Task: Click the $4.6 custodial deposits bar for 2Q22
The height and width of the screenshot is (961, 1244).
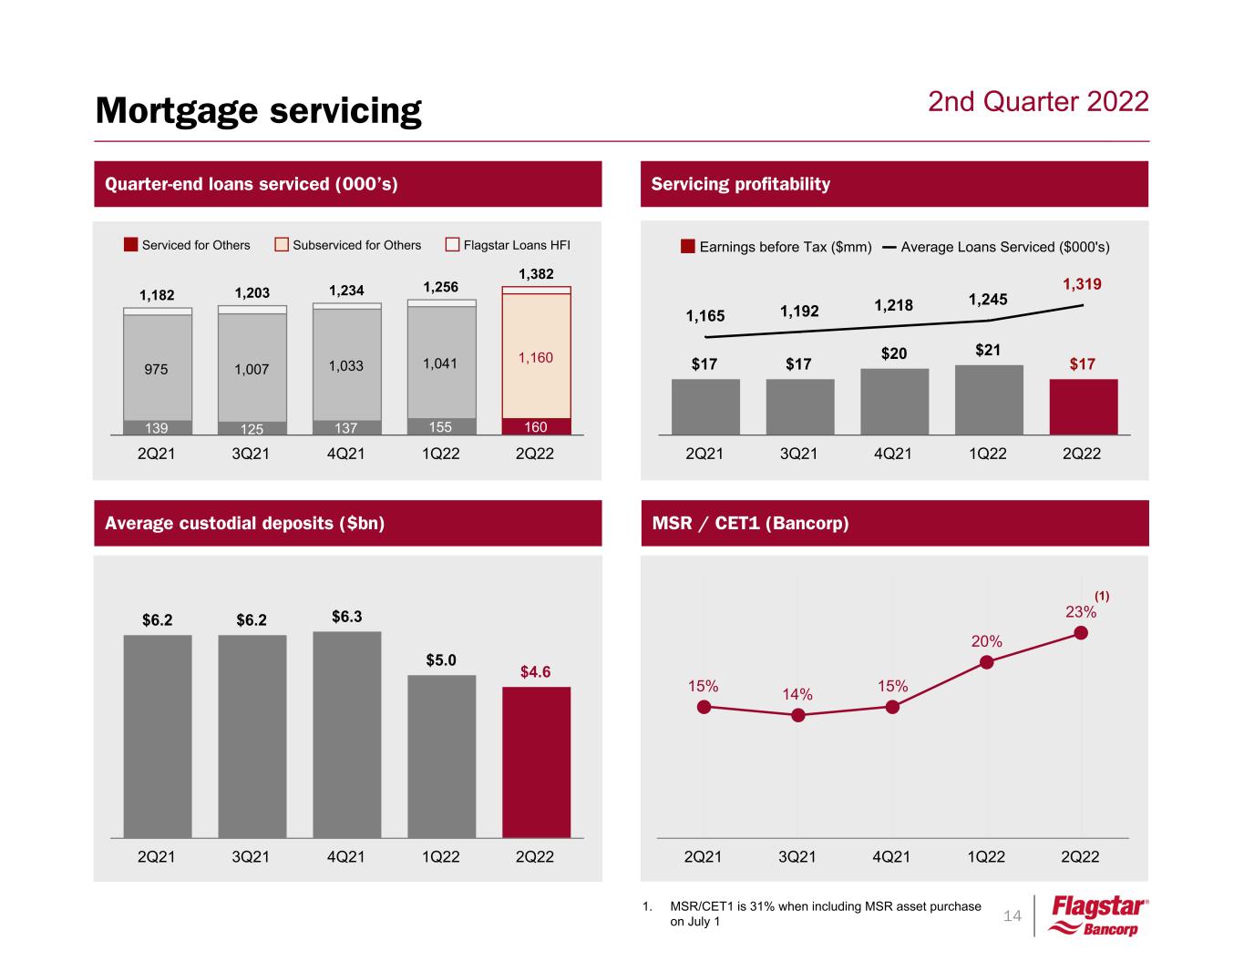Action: (x=536, y=762)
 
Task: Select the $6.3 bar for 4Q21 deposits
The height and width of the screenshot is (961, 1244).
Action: (x=346, y=734)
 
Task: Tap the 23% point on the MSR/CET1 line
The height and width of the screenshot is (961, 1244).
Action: (x=1082, y=633)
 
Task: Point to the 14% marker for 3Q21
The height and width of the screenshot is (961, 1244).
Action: (x=798, y=715)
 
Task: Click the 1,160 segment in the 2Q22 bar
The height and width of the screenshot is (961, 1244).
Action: (x=536, y=356)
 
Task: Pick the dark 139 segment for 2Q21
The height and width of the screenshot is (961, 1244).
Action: (x=157, y=427)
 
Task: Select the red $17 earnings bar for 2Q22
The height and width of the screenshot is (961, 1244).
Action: (x=1083, y=407)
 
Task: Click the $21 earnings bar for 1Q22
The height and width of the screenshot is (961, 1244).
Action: (x=989, y=400)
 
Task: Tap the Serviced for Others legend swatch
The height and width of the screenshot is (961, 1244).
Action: (x=131, y=245)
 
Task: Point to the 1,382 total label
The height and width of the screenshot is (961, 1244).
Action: (x=536, y=274)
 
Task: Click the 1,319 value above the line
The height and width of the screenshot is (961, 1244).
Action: (x=1082, y=284)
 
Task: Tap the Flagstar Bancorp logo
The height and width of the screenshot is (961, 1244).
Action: (x=1099, y=915)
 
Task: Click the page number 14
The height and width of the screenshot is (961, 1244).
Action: (x=1012, y=915)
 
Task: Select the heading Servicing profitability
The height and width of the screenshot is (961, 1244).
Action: (x=741, y=184)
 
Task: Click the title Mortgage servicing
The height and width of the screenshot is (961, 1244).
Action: (x=259, y=110)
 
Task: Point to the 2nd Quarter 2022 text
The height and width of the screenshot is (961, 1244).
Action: (x=1038, y=101)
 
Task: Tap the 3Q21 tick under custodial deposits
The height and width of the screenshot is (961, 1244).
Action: (x=251, y=857)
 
